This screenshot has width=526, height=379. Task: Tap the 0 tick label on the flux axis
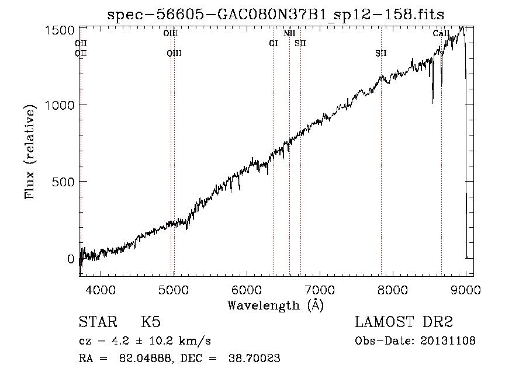point(70,259)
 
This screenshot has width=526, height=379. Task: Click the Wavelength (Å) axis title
point(275,305)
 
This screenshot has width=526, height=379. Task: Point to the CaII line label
point(441,34)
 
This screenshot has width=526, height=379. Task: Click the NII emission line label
point(289,34)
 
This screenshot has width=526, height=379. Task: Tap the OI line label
point(273,43)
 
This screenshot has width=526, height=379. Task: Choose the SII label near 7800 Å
point(381,54)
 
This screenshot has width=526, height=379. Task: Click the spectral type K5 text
point(151,322)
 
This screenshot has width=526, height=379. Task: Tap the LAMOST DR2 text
point(404,322)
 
